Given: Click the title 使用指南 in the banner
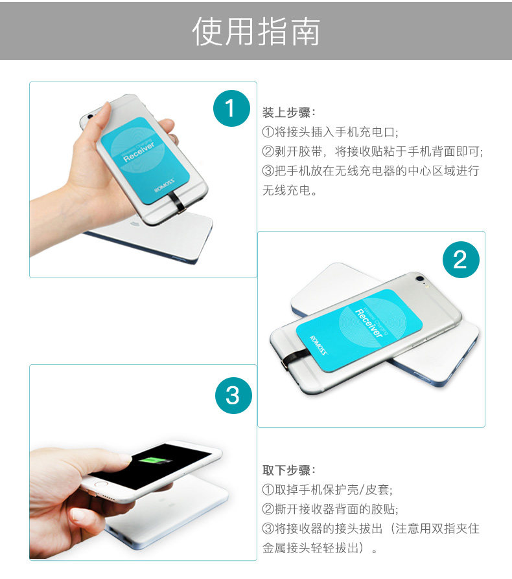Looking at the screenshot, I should [x=256, y=32].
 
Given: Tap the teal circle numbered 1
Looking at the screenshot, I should [x=231, y=108].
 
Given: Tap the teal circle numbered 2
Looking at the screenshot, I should [x=460, y=259].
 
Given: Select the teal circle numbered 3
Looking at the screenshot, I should [x=232, y=393].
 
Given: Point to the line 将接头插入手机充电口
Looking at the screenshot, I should [x=330, y=132].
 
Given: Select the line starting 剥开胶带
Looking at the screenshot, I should [x=373, y=151].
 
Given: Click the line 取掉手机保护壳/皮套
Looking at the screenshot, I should [x=327, y=489].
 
